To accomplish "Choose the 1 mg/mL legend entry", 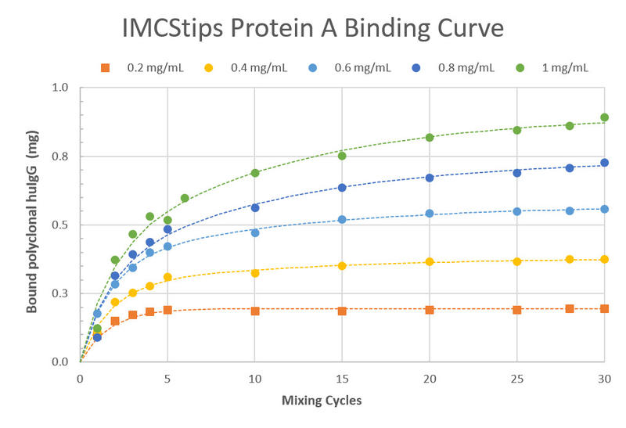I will coord(562,67).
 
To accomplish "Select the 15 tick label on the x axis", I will coord(342,378).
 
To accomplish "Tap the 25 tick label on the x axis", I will coord(516,378).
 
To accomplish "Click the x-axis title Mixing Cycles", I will coord(322,401).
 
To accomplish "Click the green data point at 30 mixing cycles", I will coord(604,117).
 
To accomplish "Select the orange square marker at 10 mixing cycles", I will coord(255,311).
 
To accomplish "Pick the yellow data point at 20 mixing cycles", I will coord(430,261).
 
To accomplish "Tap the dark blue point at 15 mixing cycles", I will coord(342,188).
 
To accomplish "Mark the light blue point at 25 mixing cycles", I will coord(516,211).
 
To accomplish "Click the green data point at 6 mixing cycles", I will coord(185,198).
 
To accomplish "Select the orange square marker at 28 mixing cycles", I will coord(570,309).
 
